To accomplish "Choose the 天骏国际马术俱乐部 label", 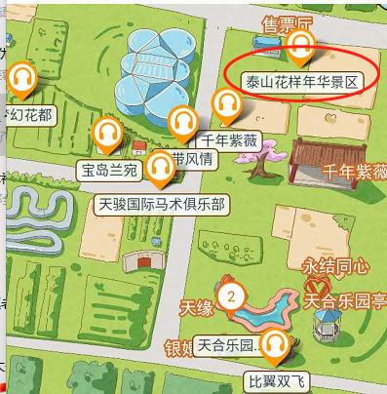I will pyautogui.click(x=163, y=205).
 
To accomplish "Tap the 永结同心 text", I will pyautogui.click(x=335, y=264).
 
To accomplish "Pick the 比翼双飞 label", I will pyautogui.click(x=276, y=378).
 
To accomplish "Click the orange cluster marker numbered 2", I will pyautogui.click(x=231, y=296).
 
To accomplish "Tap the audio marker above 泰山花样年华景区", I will pyautogui.click(x=300, y=44).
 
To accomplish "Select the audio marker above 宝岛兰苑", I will pyautogui.click(x=104, y=133).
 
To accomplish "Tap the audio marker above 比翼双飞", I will pyautogui.click(x=276, y=342).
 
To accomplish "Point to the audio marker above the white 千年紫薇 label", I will pyautogui.click(x=227, y=103).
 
